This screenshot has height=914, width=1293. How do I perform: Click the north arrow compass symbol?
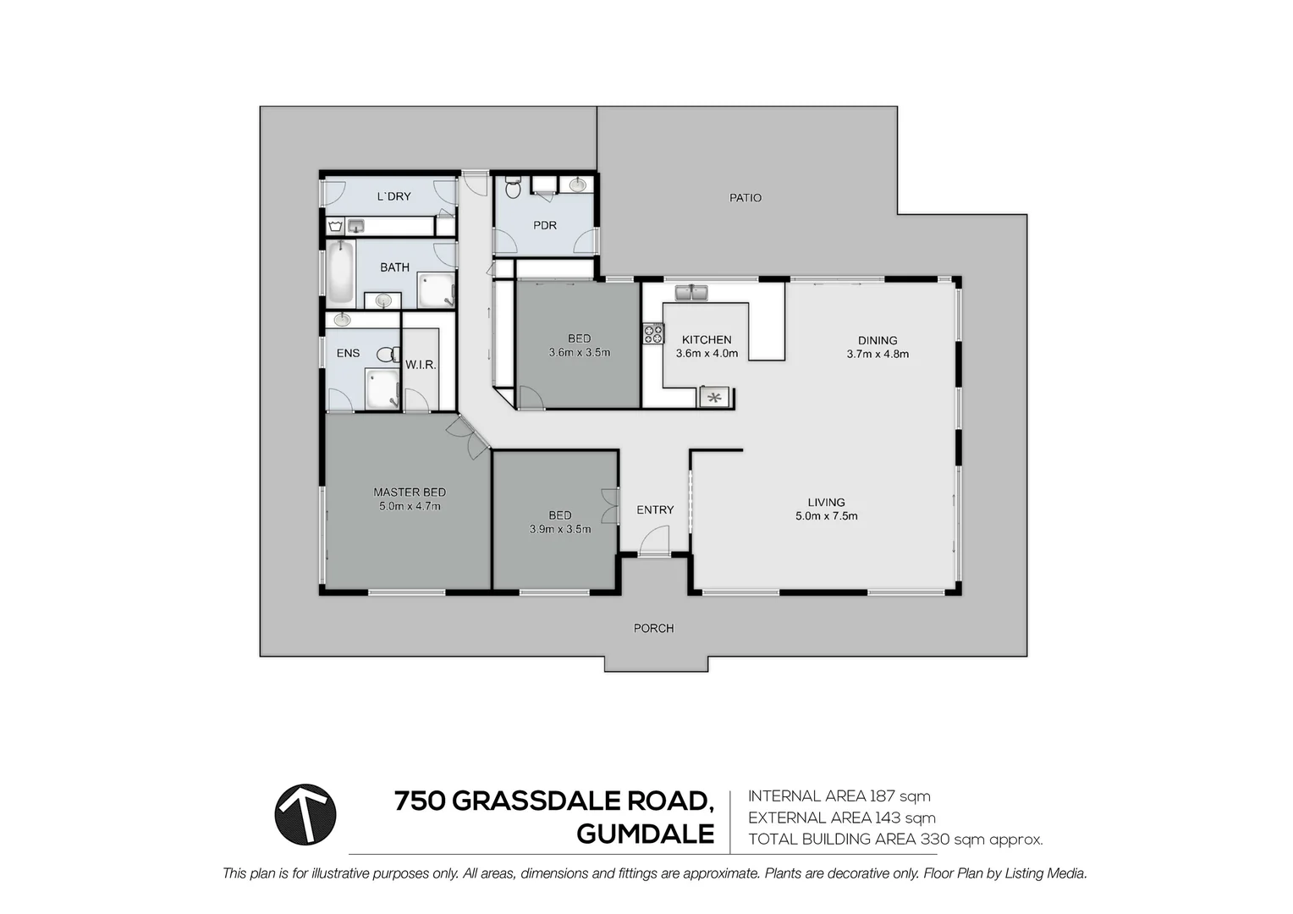click(x=305, y=815)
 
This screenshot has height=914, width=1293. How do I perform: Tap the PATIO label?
click(x=745, y=198)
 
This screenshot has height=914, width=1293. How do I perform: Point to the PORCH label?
click(x=653, y=628)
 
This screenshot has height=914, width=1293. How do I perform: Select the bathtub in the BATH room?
click(x=341, y=273)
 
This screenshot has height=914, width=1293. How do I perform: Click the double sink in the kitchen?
click(x=691, y=293)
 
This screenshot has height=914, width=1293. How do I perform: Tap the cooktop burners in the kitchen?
click(x=653, y=334)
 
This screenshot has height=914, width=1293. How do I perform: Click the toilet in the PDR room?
click(x=513, y=188)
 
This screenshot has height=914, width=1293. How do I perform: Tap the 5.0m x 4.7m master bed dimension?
click(x=410, y=506)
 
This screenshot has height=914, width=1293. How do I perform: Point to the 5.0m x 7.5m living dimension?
click(x=826, y=515)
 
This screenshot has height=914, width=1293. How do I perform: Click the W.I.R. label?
click(x=421, y=365)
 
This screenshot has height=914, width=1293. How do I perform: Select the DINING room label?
click(x=877, y=340)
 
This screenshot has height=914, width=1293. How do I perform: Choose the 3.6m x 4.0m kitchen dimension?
click(x=707, y=354)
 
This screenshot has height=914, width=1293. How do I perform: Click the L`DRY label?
click(x=393, y=196)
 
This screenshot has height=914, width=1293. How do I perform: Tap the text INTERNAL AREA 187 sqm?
click(x=839, y=796)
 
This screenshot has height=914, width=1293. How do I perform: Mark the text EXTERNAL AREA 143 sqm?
click(x=841, y=818)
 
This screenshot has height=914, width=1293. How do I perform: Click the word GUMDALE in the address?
click(x=645, y=834)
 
